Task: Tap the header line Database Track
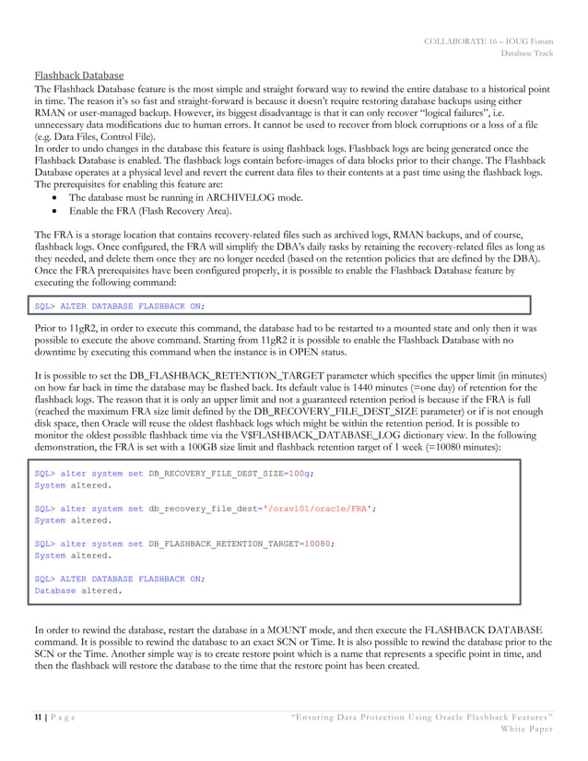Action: coord(527,53)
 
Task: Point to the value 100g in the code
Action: coord(298,472)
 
